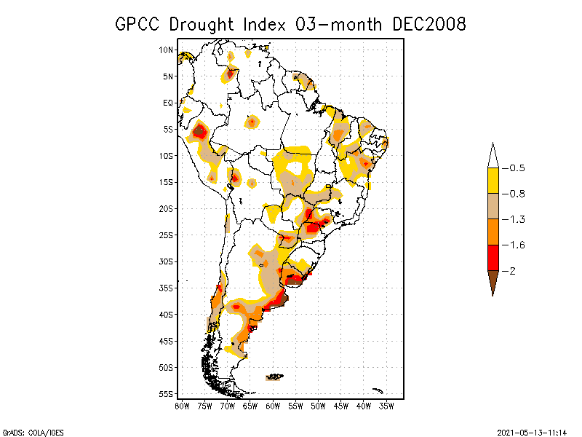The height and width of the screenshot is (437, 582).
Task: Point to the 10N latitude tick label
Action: point(167,50)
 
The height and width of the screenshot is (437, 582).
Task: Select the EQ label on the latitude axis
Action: point(168,103)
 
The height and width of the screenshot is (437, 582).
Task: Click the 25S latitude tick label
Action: point(167,235)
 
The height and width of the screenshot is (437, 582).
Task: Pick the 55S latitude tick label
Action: point(167,394)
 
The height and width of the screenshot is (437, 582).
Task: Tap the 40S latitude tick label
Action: point(167,315)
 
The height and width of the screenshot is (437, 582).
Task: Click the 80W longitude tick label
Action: point(182,406)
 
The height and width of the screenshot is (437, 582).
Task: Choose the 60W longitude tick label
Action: point(273,406)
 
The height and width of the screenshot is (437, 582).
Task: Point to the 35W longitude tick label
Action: point(386,406)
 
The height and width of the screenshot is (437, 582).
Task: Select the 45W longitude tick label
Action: point(341,406)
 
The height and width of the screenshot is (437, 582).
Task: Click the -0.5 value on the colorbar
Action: point(517,168)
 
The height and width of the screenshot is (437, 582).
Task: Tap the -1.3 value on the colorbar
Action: point(517,219)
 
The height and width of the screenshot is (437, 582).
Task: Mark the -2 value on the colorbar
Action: point(512,271)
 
